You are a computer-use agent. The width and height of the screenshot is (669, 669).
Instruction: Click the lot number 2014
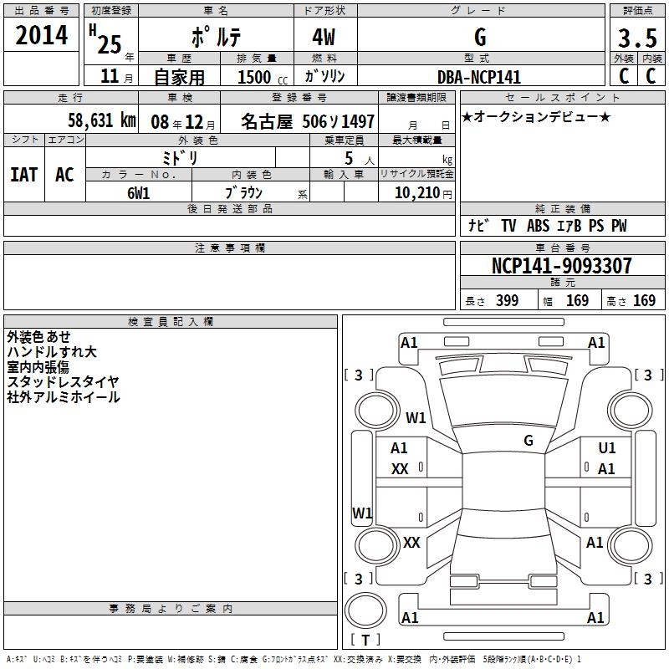tap(42, 35)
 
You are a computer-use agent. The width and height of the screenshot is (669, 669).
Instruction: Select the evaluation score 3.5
tap(636, 38)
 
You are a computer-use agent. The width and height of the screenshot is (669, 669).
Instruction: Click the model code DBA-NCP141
tap(479, 77)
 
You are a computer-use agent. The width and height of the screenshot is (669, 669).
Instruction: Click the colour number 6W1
tap(139, 192)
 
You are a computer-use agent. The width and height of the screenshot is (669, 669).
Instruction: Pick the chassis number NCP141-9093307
tap(562, 266)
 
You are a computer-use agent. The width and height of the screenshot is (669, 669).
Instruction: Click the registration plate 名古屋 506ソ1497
tap(308, 121)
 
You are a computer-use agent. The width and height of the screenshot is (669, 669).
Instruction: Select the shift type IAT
tap(23, 174)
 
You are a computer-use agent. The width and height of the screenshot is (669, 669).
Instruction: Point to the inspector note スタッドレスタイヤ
tap(64, 381)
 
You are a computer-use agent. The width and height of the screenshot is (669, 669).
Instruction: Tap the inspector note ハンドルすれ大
tap(52, 352)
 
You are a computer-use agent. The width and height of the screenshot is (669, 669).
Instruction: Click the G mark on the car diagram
tap(529, 440)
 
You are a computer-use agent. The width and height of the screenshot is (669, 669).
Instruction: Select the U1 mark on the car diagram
tap(606, 448)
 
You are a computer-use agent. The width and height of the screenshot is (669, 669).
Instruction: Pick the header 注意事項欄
tap(229, 248)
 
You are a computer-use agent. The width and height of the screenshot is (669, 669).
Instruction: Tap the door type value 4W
tap(324, 38)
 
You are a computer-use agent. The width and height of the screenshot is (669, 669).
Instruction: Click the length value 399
tap(507, 301)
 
